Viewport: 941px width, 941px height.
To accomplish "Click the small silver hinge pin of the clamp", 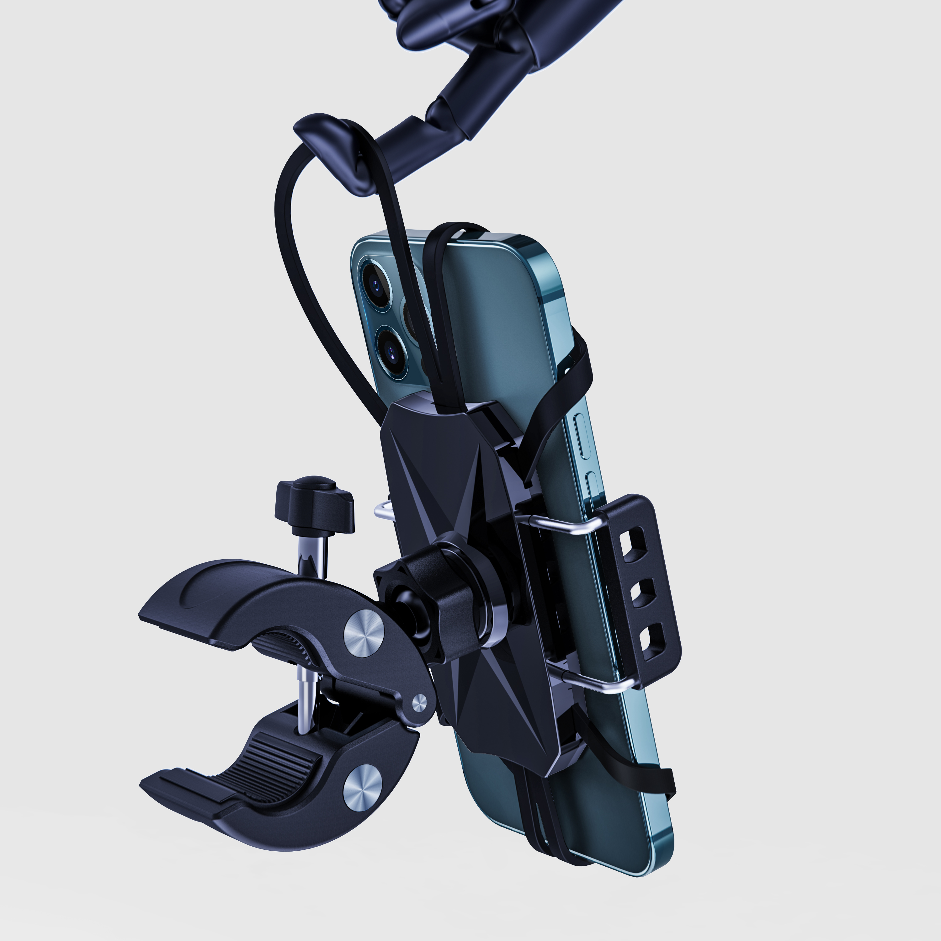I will tap(418, 703).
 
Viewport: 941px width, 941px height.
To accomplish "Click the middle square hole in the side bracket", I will tap(641, 593).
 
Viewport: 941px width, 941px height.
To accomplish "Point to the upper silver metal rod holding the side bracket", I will tap(560, 524).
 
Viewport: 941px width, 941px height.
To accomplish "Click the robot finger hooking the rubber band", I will tap(336, 146).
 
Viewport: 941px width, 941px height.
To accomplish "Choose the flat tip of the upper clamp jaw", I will tap(161, 616).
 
